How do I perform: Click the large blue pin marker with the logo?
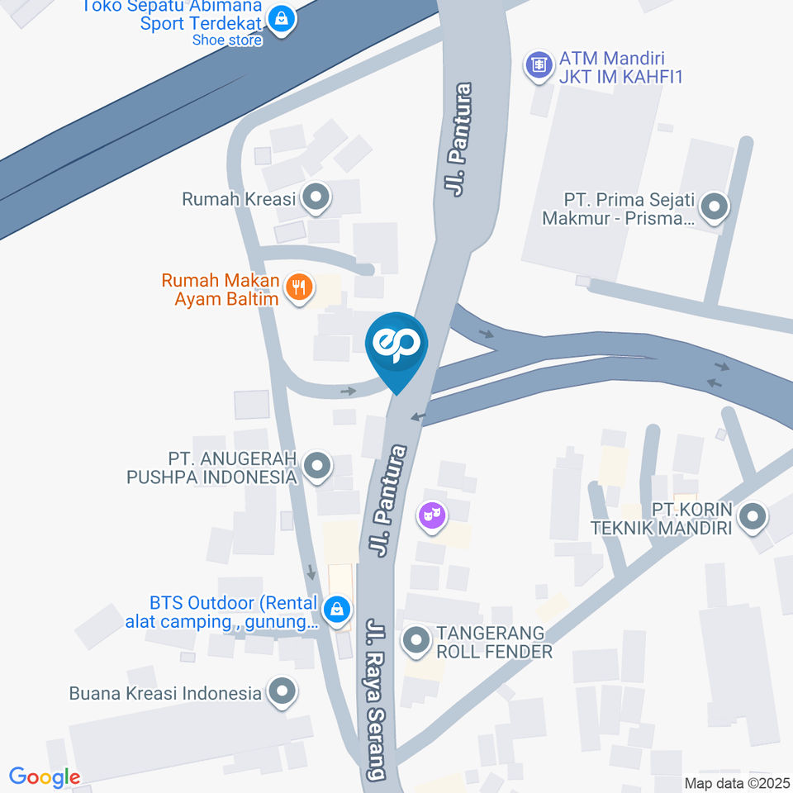[396, 346]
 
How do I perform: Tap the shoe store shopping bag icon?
[283, 18]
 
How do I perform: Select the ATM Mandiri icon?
[539, 64]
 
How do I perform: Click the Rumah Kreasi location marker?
[315, 198]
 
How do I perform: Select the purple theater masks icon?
[432, 516]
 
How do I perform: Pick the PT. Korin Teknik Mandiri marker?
[752, 518]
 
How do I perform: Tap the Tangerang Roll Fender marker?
[415, 641]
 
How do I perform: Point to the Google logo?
[45, 776]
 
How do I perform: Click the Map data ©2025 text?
[736, 782]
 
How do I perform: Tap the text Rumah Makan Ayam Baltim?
[221, 289]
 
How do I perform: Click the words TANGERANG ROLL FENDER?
[494, 642]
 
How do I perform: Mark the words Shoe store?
[227, 40]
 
